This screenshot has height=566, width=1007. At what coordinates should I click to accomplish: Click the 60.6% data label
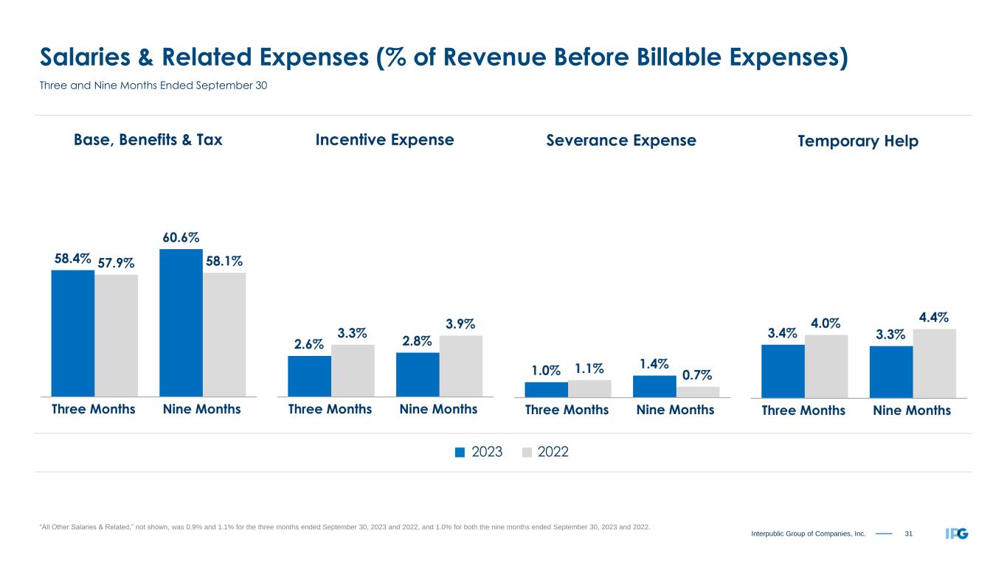click(x=180, y=237)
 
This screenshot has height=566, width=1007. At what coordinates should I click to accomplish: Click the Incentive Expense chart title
click(x=384, y=140)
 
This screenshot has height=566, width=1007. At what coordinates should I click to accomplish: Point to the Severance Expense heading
click(x=620, y=141)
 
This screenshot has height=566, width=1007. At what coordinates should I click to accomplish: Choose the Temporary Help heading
click(x=858, y=141)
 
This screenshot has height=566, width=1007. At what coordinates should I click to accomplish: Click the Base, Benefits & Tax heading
click(x=148, y=140)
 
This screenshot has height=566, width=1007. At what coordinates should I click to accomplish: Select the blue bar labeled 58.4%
click(x=72, y=333)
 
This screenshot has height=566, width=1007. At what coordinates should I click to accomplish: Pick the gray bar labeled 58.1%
click(x=224, y=335)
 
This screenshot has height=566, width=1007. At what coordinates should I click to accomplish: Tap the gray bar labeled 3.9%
click(x=461, y=366)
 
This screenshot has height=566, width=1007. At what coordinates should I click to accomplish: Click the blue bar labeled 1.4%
click(x=654, y=386)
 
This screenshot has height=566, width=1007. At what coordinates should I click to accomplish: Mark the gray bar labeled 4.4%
click(x=935, y=363)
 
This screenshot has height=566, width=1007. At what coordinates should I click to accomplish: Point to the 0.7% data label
click(x=697, y=376)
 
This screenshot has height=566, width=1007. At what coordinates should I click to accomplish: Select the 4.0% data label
click(x=826, y=323)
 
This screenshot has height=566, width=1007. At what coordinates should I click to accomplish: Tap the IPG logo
click(x=956, y=533)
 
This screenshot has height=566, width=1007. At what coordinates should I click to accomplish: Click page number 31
click(x=908, y=533)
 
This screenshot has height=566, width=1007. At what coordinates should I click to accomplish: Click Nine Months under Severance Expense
click(x=675, y=410)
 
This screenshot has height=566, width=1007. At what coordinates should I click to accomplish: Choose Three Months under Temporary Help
click(x=803, y=410)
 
